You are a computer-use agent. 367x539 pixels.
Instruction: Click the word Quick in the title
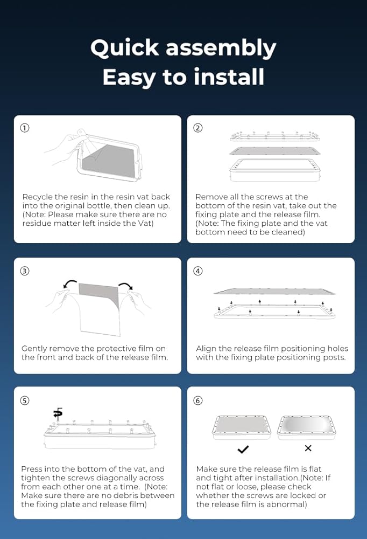pyautogui.click(x=125, y=48)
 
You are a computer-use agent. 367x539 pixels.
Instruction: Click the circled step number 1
pyautogui.click(x=25, y=128)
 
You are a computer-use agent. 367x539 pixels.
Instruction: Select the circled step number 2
pyautogui.click(x=197, y=128)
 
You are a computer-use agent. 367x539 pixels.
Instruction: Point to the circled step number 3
pyautogui.click(x=25, y=271)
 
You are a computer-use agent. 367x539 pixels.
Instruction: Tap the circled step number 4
pyautogui.click(x=197, y=271)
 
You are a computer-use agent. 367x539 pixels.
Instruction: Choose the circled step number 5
pyautogui.click(x=25, y=400)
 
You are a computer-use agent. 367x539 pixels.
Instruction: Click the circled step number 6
pyautogui.click(x=197, y=400)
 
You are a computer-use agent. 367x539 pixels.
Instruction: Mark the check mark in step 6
pyautogui.click(x=243, y=449)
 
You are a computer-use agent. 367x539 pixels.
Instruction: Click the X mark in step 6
pyautogui.click(x=308, y=448)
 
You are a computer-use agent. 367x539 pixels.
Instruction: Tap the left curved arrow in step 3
pyautogui.click(x=70, y=283)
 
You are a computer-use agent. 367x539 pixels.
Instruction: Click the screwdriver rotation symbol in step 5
pyautogui.click(x=58, y=413)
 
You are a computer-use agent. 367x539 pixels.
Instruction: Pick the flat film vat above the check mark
pyautogui.click(x=242, y=427)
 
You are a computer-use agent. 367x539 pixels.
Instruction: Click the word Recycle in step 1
pyautogui.click(x=38, y=197)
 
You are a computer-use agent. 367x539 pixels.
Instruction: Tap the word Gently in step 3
pyautogui.click(x=34, y=349)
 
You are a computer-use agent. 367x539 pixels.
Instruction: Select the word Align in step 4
pyautogui.click(x=206, y=349)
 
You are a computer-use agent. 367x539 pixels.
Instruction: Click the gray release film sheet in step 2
pyautogui.click(x=274, y=151)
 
